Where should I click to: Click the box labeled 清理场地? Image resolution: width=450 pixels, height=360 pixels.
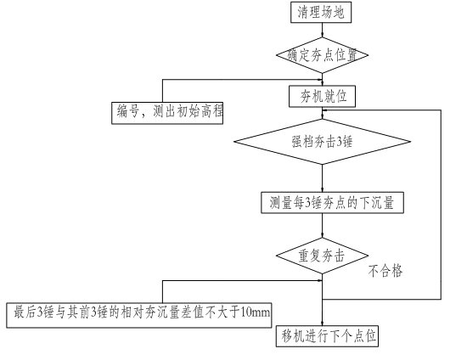[321, 12]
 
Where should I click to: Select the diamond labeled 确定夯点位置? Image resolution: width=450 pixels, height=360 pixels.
[322, 55]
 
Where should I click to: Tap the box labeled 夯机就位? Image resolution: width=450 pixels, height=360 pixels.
[322, 96]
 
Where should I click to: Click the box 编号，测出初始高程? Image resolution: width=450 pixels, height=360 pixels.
[167, 113]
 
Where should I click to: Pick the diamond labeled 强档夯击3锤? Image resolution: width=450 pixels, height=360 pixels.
[322, 142]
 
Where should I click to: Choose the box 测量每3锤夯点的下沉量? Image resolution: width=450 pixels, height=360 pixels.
[332, 203]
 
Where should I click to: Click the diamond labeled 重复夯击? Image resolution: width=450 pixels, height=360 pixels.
[322, 256]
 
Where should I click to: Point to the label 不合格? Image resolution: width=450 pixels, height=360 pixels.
[385, 271]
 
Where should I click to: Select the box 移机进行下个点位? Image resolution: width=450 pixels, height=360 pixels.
[327, 336]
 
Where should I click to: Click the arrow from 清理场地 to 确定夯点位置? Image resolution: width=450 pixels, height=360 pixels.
[322, 31]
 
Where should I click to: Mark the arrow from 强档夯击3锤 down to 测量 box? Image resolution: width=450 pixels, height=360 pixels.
[322, 178]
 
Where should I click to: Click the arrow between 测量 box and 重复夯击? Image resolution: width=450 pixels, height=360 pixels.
[322, 226]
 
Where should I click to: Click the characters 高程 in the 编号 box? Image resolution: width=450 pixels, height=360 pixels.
[211, 111]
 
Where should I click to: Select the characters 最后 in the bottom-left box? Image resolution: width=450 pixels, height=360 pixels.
[25, 312]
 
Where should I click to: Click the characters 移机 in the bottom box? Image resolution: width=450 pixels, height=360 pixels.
[293, 336]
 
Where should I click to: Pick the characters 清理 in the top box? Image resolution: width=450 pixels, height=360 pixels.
[308, 13]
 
